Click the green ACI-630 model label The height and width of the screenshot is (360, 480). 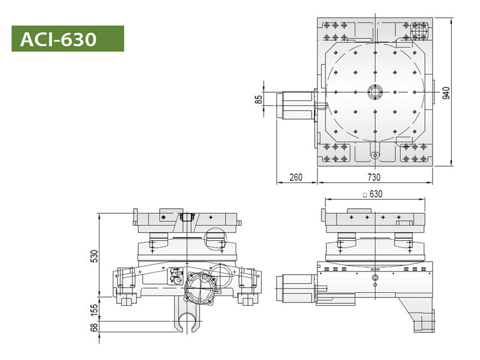[68, 38]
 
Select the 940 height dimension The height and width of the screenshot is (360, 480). [446, 93]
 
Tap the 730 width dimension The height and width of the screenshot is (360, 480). [374, 177]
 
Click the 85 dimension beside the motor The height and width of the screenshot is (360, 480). [259, 100]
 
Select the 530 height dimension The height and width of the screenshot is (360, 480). [94, 255]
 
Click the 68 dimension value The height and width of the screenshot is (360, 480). [94, 327]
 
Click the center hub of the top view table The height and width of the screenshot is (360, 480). [374, 91]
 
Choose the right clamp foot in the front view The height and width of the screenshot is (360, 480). [246, 300]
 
